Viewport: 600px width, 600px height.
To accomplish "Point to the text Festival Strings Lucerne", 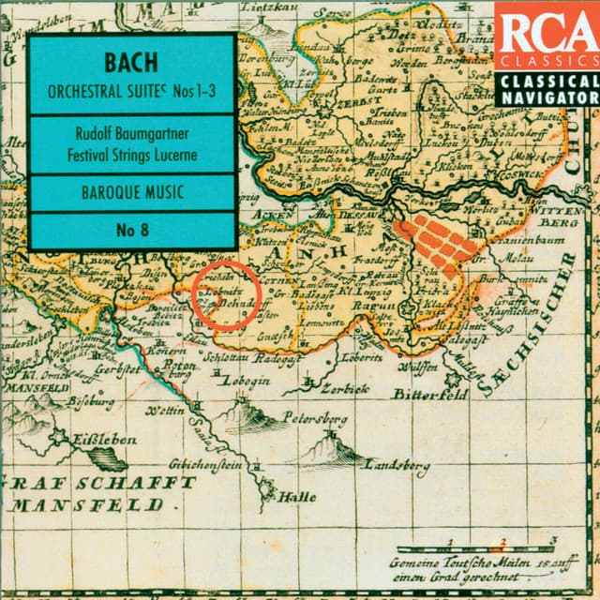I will point(131,155).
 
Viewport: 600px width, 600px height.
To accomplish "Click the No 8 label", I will point(131,229).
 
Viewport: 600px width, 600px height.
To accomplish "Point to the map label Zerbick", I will point(345,390).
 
